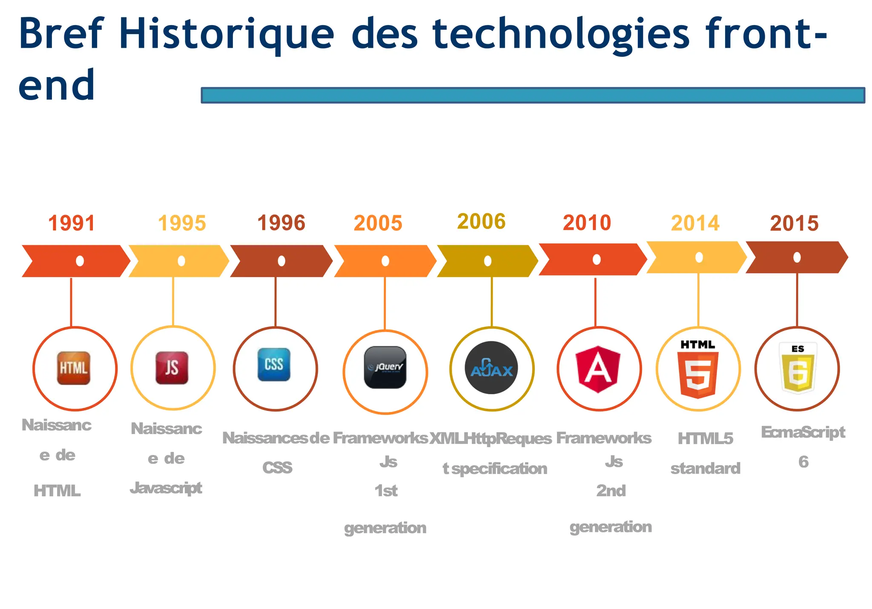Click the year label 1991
point(71,223)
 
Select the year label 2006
point(481,221)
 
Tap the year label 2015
point(794,223)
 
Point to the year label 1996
point(281,223)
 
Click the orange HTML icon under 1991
point(74,368)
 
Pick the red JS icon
point(172,368)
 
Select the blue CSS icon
point(274,365)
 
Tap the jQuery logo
point(385,367)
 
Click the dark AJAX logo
point(491,368)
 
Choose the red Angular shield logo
point(598,369)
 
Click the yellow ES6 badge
point(798,367)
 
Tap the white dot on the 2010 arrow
point(597,259)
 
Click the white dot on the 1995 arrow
point(181,261)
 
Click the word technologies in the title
point(561,34)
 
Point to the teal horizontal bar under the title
point(532,95)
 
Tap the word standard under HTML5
point(705,469)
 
